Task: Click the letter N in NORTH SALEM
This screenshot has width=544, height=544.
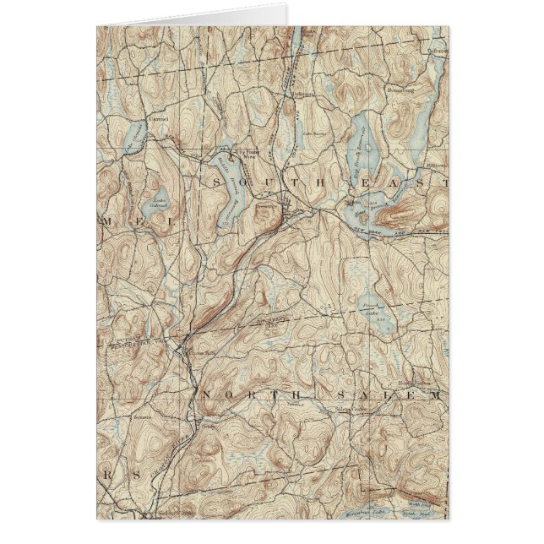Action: pyautogui.click(x=205, y=395)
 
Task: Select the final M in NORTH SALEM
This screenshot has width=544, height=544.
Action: pyautogui.click(x=434, y=394)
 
